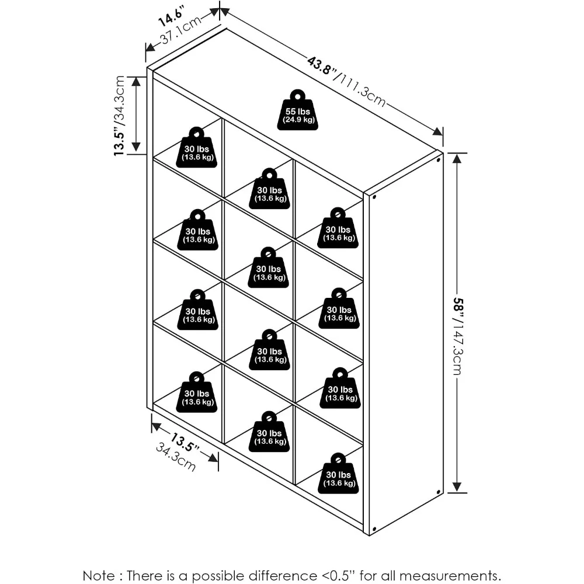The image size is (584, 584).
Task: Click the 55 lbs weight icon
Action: point(298,110)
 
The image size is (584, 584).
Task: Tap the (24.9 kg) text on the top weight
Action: point(298,120)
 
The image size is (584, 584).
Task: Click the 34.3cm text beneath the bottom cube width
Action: point(175,457)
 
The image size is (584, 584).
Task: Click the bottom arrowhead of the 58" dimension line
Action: point(457,487)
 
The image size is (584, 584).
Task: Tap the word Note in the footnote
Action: point(99,575)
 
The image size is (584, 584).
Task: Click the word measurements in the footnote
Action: point(450,576)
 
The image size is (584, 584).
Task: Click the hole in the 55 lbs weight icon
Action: point(298,96)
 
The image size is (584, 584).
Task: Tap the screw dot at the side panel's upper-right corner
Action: point(439,160)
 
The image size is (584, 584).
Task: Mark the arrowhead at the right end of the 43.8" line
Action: point(437,131)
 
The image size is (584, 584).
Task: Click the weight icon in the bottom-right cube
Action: point(338,474)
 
